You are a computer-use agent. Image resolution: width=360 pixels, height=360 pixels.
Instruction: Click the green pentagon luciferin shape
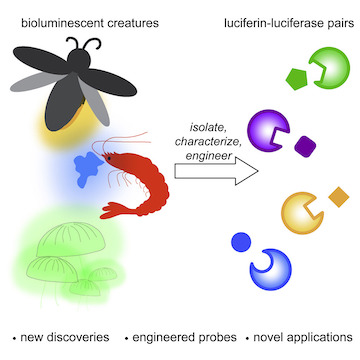pyautogui.click(x=297, y=79)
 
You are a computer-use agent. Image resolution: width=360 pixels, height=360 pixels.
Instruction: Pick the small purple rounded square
pyautogui.click(x=305, y=147)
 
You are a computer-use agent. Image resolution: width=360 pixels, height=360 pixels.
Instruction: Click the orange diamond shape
pyautogui.click(x=339, y=197)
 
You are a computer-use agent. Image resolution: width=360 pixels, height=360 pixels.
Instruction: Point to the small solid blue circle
pyautogui.click(x=241, y=242)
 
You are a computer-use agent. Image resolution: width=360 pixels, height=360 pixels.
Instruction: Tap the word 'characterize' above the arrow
pyautogui.click(x=208, y=141)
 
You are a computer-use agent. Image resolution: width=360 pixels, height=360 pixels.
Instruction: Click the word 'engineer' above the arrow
pyautogui.click(x=209, y=156)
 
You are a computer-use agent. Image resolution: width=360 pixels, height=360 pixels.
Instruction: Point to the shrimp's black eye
pyautogui.click(x=109, y=158)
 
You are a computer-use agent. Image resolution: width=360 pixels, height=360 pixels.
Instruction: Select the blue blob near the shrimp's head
pyautogui.click(x=87, y=168)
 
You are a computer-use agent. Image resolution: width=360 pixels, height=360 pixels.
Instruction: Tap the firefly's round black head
pyautogui.click(x=79, y=60)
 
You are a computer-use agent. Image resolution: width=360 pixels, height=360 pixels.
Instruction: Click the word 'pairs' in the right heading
pyautogui.click(x=341, y=24)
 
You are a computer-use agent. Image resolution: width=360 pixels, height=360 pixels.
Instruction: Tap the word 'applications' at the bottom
pyautogui.click(x=318, y=337)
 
